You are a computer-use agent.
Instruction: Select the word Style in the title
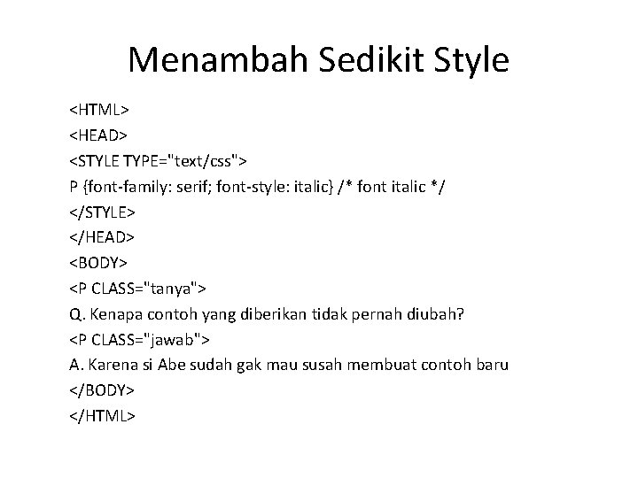point(471,60)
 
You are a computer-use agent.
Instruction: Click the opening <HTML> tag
point(100,110)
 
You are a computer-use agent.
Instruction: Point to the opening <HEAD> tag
point(100,135)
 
